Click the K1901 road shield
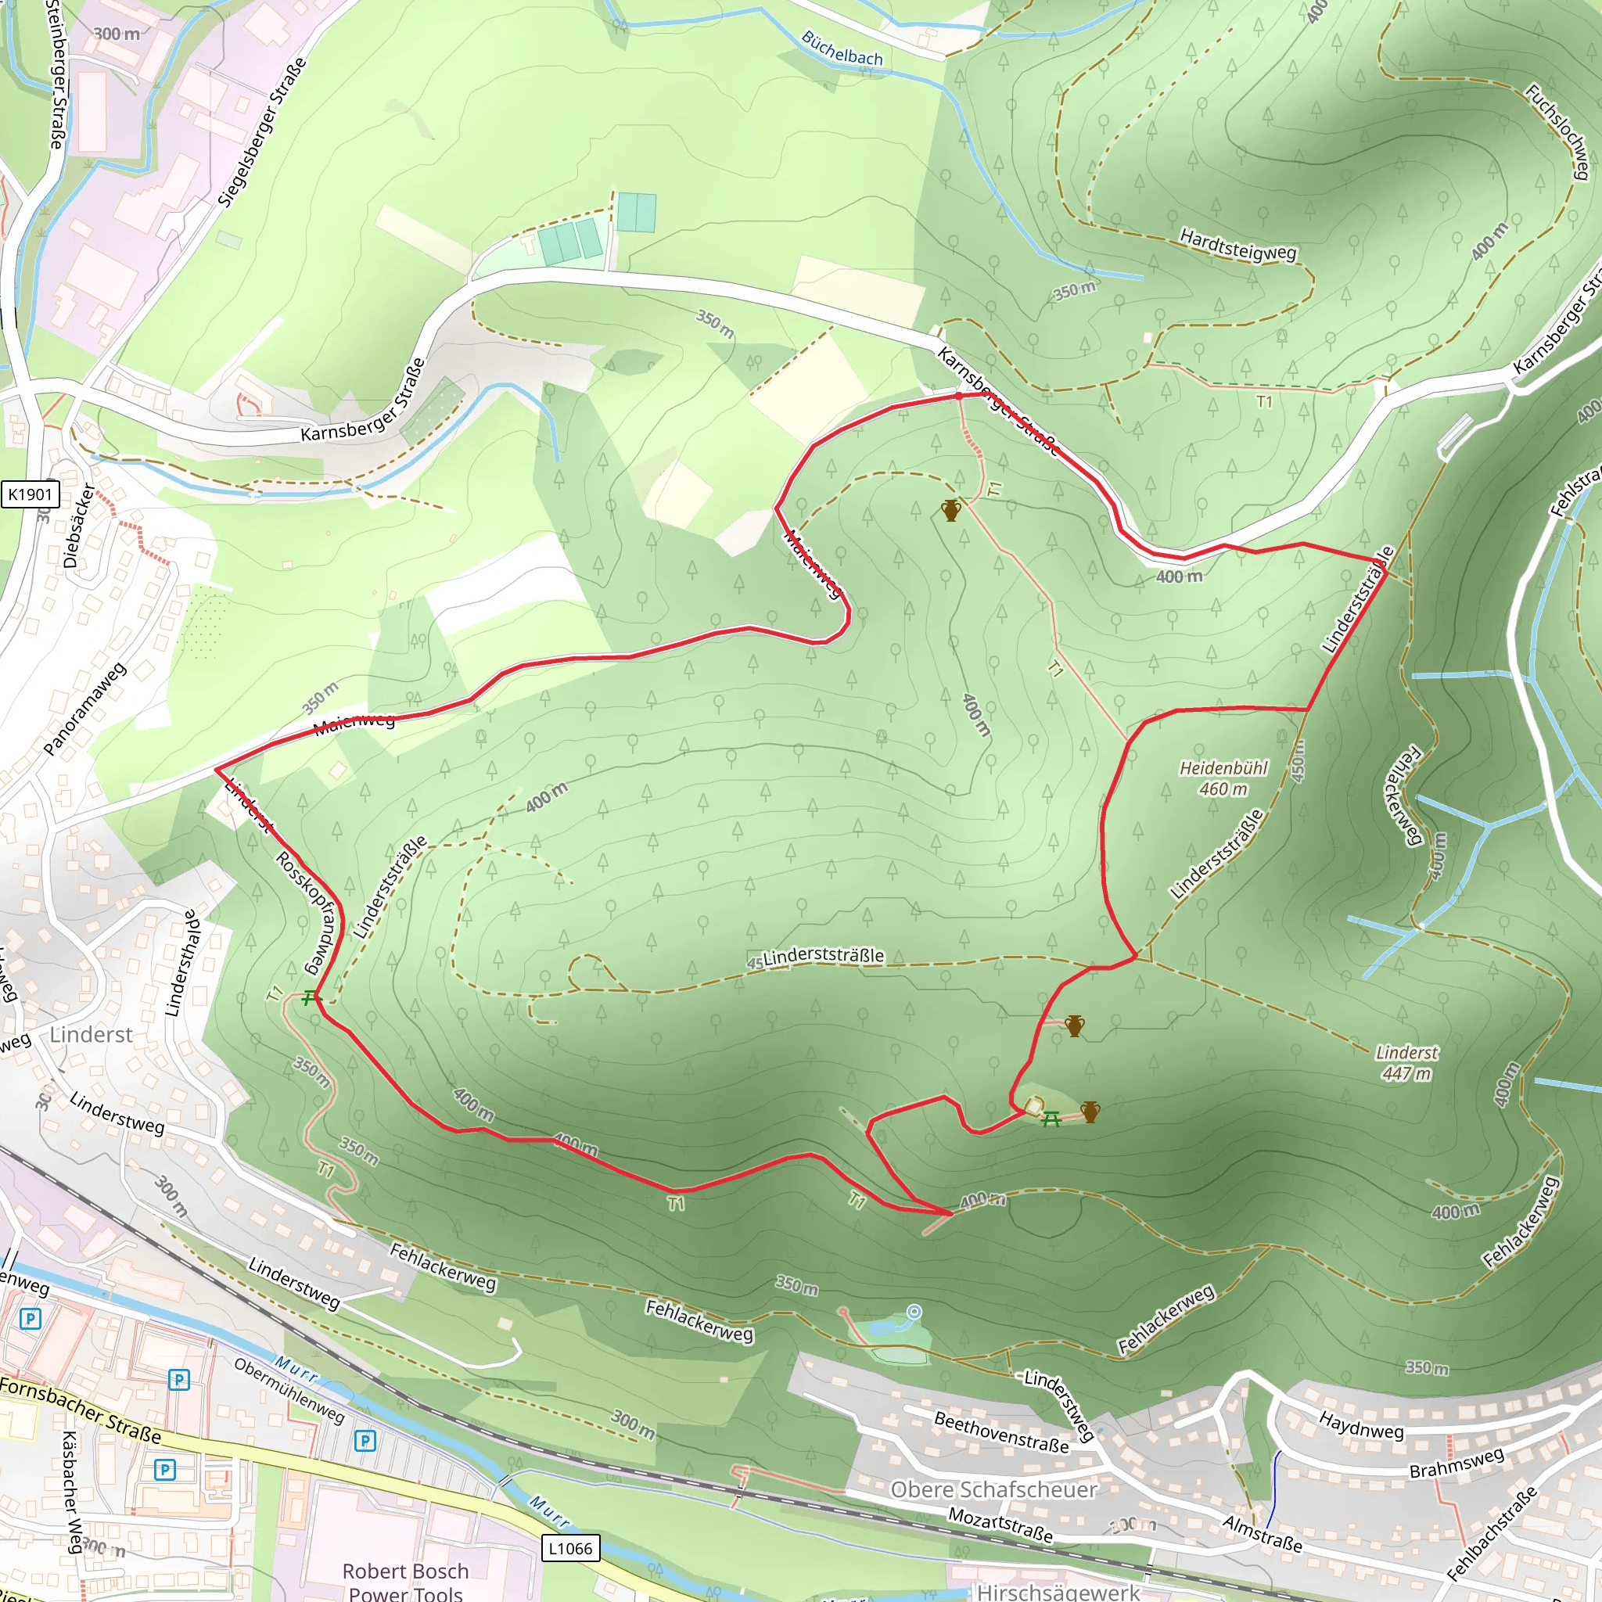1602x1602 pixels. [x=31, y=494]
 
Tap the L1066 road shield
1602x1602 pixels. [x=570, y=1548]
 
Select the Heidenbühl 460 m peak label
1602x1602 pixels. [x=1224, y=778]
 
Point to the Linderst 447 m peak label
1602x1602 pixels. [x=1406, y=1062]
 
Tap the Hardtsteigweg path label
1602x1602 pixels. [x=1237, y=246]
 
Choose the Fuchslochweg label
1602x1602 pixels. [x=1558, y=131]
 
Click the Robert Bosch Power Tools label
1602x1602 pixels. [x=405, y=1581]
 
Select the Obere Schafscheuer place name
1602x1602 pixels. [x=993, y=1490]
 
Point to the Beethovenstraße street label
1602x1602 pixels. [x=1000, y=1432]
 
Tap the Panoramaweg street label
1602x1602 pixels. [x=84, y=709]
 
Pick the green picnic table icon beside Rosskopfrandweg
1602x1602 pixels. [x=310, y=997]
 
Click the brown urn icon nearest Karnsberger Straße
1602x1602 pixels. [x=951, y=510]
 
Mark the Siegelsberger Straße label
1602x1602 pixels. [x=261, y=133]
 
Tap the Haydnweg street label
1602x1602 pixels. [x=1361, y=1424]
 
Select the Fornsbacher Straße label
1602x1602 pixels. [x=81, y=1410]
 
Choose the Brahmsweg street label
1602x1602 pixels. [x=1456, y=1464]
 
